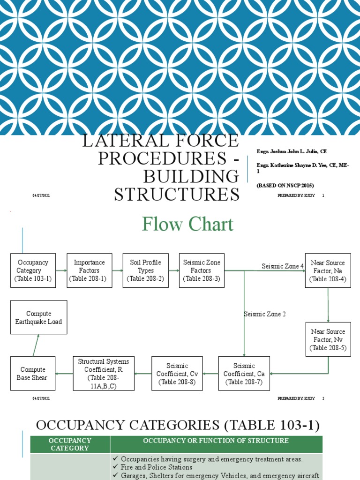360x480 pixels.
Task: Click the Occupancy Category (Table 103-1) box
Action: (x=33, y=270)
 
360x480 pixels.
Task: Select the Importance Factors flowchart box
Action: (x=89, y=270)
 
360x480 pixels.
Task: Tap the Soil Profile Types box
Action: (x=145, y=270)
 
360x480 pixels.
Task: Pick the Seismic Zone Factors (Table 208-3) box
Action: (x=202, y=270)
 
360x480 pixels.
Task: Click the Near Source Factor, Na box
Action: (x=328, y=270)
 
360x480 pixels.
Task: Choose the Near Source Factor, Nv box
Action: (x=328, y=339)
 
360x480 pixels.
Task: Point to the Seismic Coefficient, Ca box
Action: (x=244, y=374)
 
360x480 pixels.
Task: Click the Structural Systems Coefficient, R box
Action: (x=103, y=374)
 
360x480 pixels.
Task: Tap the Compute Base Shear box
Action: (x=32, y=374)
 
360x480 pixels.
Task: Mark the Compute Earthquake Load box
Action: (x=38, y=317)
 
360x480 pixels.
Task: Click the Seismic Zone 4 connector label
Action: (x=283, y=266)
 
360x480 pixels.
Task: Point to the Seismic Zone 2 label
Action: (x=265, y=314)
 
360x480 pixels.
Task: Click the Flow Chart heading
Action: (x=188, y=225)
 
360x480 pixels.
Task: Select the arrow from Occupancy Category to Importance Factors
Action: (x=61, y=270)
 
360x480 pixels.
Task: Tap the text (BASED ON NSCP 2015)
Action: (x=285, y=185)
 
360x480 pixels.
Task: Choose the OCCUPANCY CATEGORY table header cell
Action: (x=70, y=444)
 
